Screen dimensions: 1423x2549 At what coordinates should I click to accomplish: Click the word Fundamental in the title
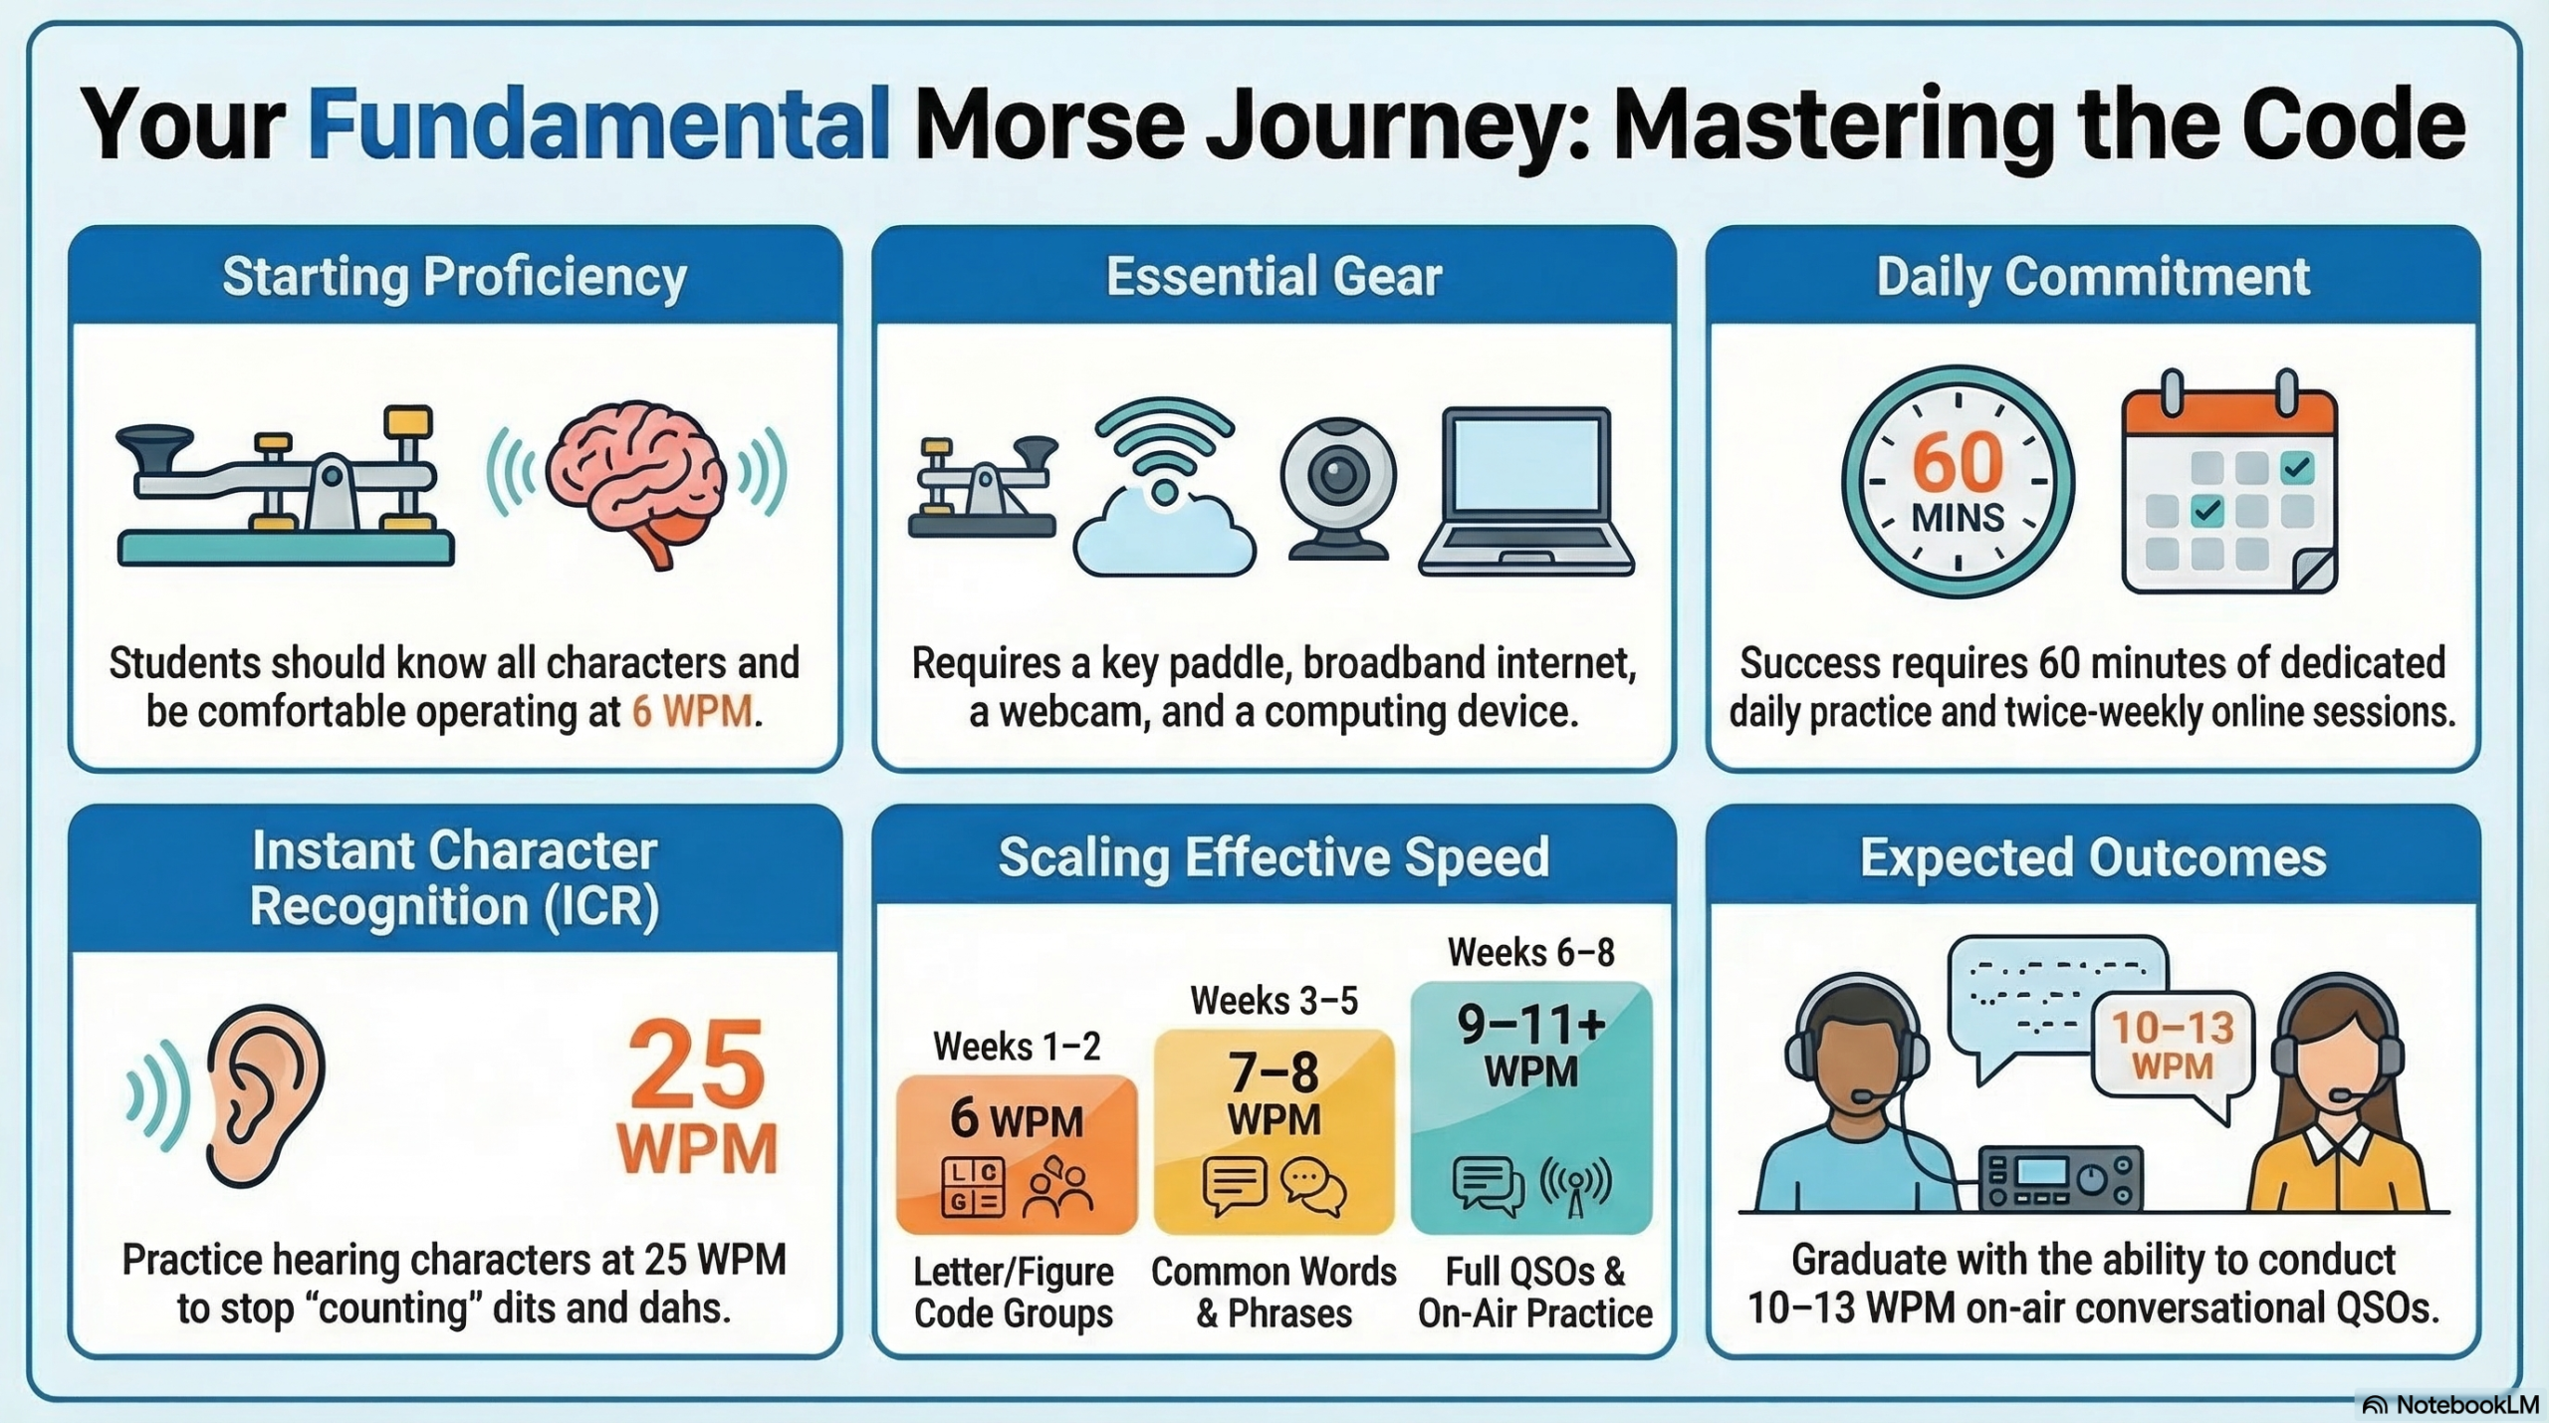point(597,124)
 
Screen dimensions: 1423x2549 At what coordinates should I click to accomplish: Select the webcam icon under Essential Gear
point(1337,488)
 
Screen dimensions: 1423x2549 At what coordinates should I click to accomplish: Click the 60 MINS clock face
point(1958,482)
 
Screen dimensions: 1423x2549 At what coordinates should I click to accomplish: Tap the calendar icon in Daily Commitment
point(2229,483)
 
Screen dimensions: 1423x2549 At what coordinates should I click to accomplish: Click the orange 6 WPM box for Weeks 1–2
point(1017,1153)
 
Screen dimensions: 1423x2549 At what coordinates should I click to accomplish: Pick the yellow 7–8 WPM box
point(1274,1130)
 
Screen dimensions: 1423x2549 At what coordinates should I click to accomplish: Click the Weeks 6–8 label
point(1531,953)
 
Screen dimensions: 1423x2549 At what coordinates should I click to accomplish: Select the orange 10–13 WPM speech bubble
point(2173,1045)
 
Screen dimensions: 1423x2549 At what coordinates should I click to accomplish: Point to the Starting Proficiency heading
point(454,277)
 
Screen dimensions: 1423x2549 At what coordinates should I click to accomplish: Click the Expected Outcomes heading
point(2093,856)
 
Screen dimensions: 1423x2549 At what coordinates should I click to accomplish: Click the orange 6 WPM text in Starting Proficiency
point(692,712)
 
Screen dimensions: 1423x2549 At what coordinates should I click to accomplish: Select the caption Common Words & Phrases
point(1274,1292)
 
